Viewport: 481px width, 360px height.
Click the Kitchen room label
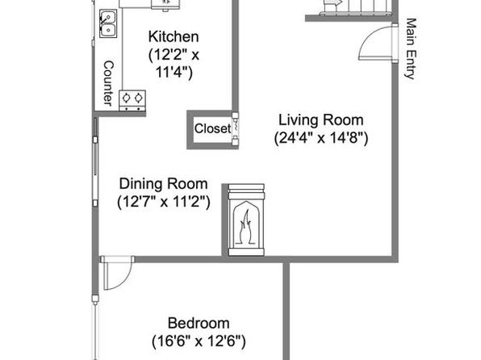[x=174, y=37]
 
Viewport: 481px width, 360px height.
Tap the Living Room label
[x=321, y=120]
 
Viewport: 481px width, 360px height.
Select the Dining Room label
[x=163, y=184]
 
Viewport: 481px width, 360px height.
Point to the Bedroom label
[x=199, y=323]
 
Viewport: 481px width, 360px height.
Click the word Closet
[x=212, y=128]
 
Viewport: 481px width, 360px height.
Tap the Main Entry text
[x=411, y=48]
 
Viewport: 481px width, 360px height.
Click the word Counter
[x=108, y=83]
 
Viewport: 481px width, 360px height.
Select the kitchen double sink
[x=108, y=23]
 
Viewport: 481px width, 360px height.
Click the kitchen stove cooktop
[x=132, y=100]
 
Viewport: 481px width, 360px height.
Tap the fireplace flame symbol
[x=245, y=226]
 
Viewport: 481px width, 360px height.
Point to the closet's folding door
[x=236, y=128]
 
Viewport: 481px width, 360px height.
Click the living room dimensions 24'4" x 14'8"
[x=321, y=138]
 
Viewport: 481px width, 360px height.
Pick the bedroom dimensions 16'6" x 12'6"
[x=199, y=341]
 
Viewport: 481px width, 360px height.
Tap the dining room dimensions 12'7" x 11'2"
[x=164, y=203]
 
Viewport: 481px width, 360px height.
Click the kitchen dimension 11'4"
[x=174, y=73]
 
